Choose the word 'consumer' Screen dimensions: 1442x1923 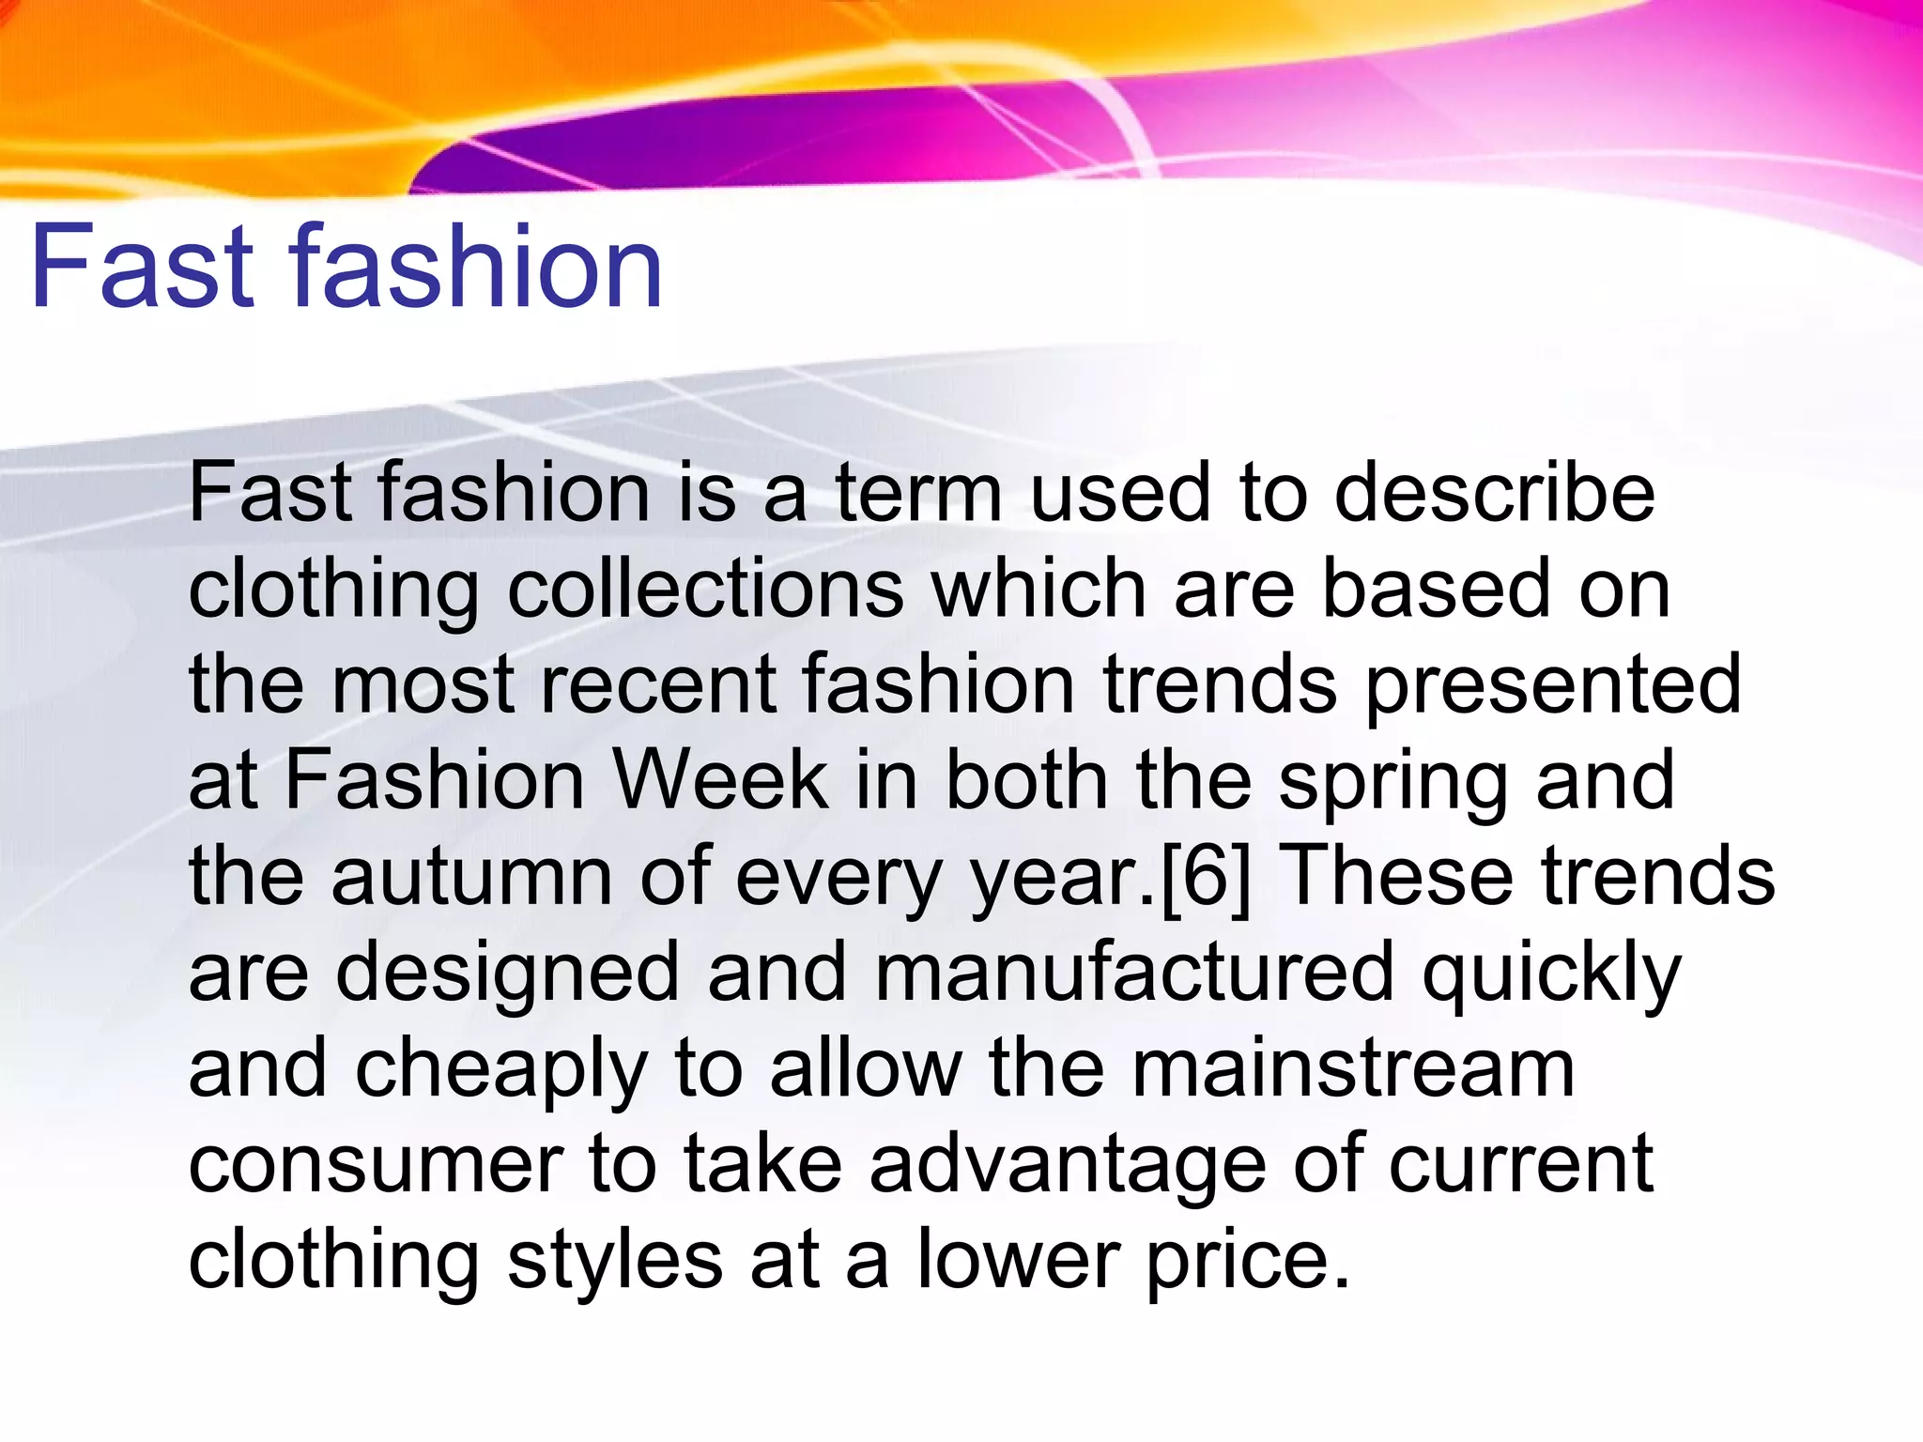(377, 1164)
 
